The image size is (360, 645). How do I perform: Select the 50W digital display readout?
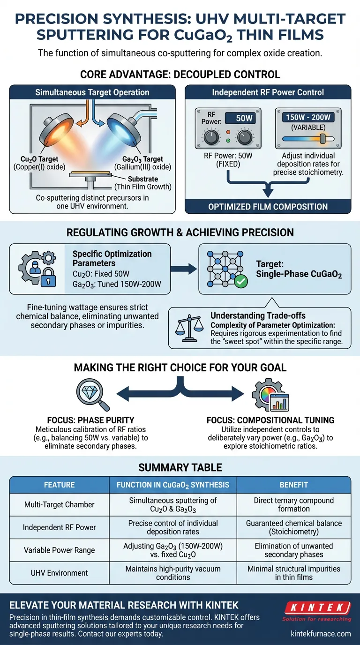[x=244, y=119]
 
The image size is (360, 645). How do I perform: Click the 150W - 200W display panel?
[x=307, y=117]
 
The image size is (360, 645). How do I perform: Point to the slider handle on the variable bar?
[x=322, y=139]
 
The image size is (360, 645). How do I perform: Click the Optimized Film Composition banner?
[x=268, y=206]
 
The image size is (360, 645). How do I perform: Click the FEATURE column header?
[x=60, y=485]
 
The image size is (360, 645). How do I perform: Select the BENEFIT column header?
[x=293, y=485]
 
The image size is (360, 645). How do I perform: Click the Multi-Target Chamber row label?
[x=60, y=504]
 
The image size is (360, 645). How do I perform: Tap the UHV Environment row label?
[x=60, y=573]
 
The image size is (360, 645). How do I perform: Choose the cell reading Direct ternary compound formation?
[x=293, y=504]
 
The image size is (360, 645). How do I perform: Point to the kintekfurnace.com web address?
[x=320, y=633]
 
